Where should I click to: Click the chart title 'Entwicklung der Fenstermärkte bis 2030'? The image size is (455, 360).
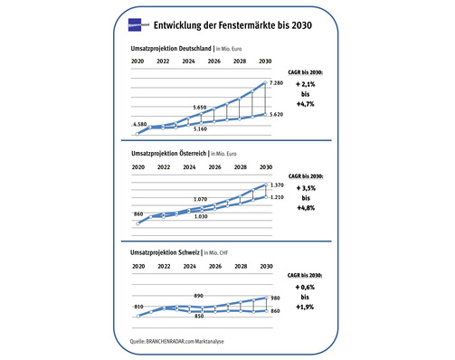(233, 25)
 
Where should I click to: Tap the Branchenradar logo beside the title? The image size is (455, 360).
(139, 25)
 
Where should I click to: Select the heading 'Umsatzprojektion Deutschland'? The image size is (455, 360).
(170, 47)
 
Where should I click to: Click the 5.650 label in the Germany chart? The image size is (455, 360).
(202, 106)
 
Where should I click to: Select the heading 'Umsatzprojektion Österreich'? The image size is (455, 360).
(168, 154)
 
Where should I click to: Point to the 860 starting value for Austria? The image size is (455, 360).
(138, 214)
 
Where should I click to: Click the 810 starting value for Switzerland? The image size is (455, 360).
(138, 308)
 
